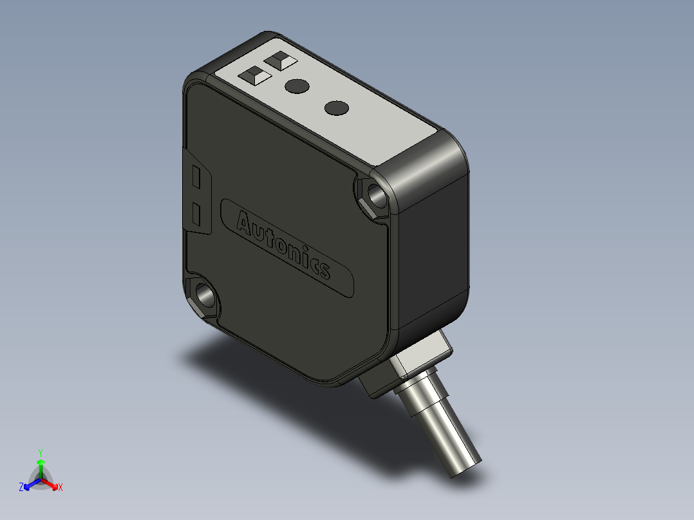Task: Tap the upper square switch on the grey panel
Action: tap(281, 60)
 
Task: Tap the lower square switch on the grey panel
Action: tap(255, 75)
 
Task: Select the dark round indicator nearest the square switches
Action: tap(297, 86)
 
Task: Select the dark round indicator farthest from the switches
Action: tap(336, 108)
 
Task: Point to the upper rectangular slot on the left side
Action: tap(196, 178)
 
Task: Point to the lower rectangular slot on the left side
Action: tap(197, 214)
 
